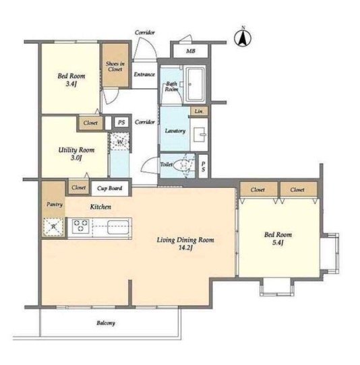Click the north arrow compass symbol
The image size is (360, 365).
243,37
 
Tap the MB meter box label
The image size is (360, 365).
191,51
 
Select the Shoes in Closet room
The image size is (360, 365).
115,65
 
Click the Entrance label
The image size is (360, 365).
144,74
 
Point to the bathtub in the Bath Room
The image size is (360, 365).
195,84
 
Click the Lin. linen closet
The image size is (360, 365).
199,111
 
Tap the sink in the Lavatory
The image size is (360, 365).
200,135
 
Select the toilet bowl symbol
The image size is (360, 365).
183,165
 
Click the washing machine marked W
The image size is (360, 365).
119,141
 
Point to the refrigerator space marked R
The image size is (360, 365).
53,227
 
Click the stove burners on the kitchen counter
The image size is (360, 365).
80,226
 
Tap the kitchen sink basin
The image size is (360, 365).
118,227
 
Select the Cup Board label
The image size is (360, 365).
109,188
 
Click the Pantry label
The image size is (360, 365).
55,204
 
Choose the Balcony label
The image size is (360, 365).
106,323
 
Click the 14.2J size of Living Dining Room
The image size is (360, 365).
185,248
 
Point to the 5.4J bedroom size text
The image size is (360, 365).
278,242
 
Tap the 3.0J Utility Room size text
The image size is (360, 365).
76,158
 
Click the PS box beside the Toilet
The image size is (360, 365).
203,166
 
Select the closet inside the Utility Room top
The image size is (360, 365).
90,123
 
